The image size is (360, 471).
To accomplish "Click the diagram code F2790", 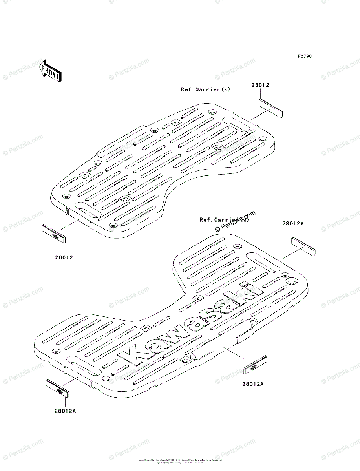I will click(x=304, y=56).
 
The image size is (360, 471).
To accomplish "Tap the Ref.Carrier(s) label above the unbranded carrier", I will click(x=205, y=89).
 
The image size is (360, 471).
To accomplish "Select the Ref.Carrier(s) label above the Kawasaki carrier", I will click(x=224, y=220).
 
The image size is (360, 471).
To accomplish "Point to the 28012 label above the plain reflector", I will click(x=260, y=85).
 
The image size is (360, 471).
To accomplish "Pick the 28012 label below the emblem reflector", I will click(x=64, y=257).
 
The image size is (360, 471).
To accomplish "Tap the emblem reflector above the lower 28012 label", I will click(x=54, y=234).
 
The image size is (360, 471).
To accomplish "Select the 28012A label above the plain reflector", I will click(x=292, y=223).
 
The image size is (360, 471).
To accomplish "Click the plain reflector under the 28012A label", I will click(x=303, y=246).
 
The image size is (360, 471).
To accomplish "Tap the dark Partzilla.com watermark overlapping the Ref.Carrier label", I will click(x=235, y=221).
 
